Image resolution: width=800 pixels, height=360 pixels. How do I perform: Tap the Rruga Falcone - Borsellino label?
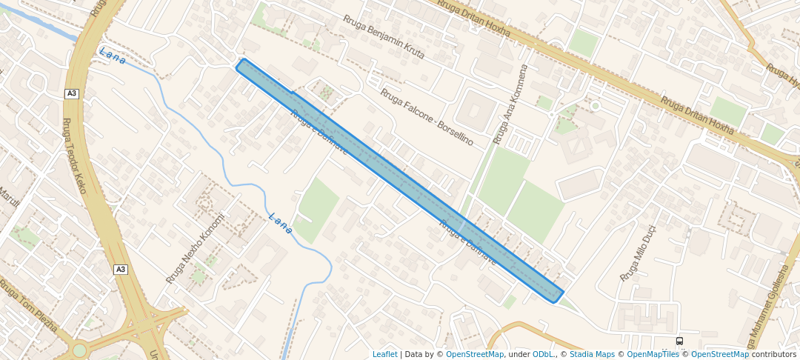[x=426, y=116]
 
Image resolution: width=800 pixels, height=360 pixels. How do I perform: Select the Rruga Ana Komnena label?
[x=511, y=104]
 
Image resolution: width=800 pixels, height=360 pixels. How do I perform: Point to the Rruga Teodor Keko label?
[x=74, y=156]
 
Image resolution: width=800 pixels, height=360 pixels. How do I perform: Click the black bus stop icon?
[x=679, y=341]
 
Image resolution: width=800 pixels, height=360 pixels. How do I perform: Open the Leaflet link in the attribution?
[x=384, y=354]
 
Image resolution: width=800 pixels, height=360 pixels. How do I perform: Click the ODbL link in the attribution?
[x=544, y=354]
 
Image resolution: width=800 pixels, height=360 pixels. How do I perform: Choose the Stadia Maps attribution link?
[x=592, y=354]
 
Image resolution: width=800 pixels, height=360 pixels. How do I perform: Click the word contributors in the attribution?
[x=773, y=354]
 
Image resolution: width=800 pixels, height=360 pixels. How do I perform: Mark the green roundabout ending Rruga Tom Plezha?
[x=79, y=350]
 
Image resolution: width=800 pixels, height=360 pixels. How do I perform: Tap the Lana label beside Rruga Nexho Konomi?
[x=281, y=224]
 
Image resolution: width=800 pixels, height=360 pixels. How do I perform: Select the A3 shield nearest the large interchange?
[x=120, y=270]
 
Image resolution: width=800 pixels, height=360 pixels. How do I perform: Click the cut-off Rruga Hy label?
[x=782, y=75]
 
